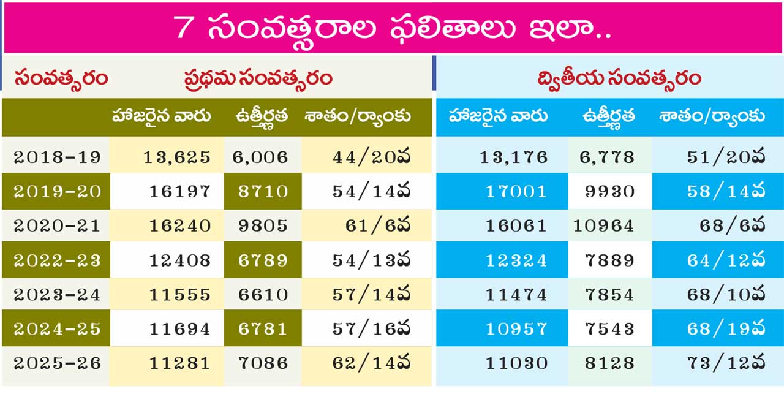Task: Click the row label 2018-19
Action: click(57, 157)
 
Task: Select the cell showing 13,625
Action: click(177, 157)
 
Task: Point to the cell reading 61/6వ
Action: click(378, 225)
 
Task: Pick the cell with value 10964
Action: click(604, 225)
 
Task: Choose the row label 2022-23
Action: click(57, 260)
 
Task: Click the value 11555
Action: click(180, 294)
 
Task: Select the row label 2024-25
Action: click(57, 328)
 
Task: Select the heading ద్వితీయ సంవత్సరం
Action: click(619, 78)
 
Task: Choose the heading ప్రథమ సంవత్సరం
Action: click(258, 78)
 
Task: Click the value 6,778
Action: click(607, 157)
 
